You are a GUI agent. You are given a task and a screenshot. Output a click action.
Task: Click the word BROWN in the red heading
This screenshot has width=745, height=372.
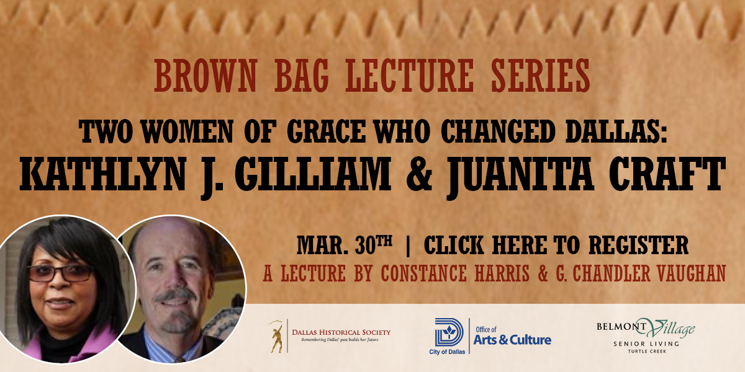[205, 76]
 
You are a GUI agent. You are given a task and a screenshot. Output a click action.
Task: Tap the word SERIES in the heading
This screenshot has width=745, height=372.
[541, 76]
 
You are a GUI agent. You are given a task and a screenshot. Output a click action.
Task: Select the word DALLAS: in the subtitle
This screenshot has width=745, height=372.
[616, 131]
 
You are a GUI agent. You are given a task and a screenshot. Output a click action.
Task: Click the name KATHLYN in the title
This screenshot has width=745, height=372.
[102, 174]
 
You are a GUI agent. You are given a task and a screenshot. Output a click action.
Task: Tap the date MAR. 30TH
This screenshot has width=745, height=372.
[345, 245]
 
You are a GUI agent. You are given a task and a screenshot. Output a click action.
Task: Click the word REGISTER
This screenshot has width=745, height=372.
[638, 245]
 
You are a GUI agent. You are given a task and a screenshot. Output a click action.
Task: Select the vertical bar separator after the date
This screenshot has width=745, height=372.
[409, 246]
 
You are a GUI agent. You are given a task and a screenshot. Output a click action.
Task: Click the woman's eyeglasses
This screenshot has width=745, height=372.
[61, 273]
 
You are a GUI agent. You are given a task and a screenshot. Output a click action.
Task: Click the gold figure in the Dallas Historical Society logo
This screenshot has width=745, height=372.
[277, 337]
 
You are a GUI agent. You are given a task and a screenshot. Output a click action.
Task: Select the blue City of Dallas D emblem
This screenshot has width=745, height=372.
[449, 333]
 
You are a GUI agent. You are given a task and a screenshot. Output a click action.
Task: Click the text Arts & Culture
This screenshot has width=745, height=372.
[512, 340]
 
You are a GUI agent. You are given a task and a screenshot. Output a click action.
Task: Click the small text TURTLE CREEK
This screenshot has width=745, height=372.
[647, 352]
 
